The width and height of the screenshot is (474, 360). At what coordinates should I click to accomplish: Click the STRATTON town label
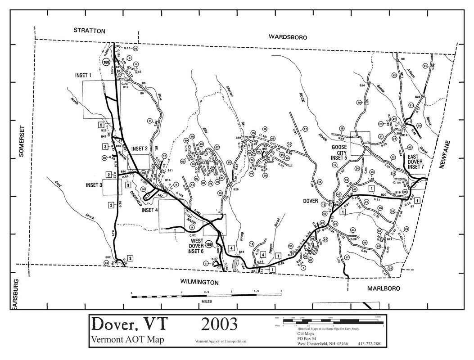point(89,31)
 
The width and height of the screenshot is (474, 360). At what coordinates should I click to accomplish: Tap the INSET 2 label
point(139,148)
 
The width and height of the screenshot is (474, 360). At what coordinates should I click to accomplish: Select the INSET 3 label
point(94,185)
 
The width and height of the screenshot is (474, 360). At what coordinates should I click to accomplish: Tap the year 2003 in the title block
point(219,324)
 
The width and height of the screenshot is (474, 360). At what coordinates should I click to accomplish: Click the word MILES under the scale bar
point(207,302)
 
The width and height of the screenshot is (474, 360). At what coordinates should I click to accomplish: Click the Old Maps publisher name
point(306,334)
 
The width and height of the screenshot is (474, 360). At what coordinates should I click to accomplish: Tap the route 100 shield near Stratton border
point(106,63)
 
